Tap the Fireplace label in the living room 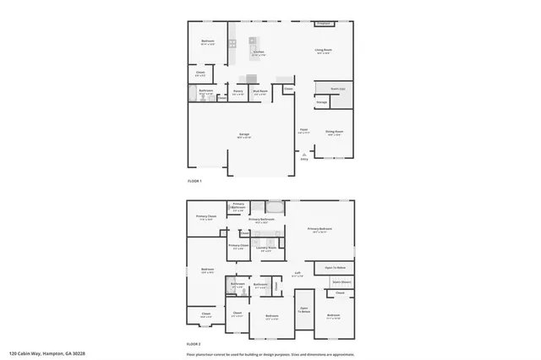[x=323, y=24]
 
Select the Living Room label [x=323, y=50]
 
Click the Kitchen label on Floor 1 [x=258, y=51]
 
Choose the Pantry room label [x=238, y=91]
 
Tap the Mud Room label [x=260, y=91]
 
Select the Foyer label [x=303, y=129]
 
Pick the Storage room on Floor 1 [x=321, y=103]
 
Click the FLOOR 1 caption [x=195, y=181]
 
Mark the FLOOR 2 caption [x=195, y=344]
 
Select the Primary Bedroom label [x=320, y=229]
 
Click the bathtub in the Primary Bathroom [x=276, y=206]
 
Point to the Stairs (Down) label [x=342, y=281]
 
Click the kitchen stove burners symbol [x=253, y=40]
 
